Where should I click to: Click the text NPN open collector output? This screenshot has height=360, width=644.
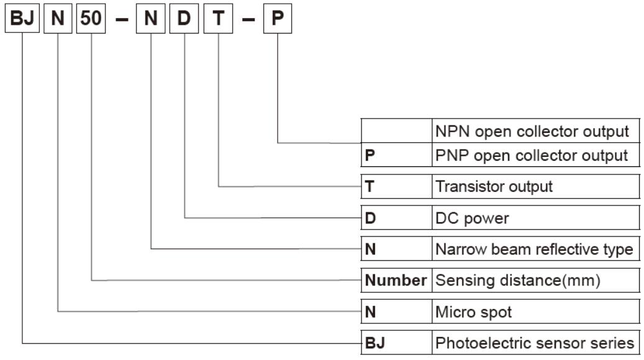tap(532, 132)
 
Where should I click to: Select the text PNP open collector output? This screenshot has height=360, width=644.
tap(532, 155)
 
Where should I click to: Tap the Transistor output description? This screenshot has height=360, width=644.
tap(494, 186)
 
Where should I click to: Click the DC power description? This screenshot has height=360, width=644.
tap(472, 218)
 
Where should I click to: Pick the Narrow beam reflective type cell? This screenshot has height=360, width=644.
tap(534, 250)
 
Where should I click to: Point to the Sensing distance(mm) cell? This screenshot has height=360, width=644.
tap(518, 281)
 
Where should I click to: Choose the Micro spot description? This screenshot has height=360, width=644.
tap(474, 312)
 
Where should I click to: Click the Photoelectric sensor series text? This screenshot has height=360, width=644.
tap(535, 343)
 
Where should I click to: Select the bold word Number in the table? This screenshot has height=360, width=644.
tap(396, 281)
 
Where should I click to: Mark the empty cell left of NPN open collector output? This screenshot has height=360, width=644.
tap(397, 131)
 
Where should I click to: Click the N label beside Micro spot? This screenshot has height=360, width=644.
tap(371, 312)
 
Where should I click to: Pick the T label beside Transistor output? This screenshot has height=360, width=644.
tap(370, 186)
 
